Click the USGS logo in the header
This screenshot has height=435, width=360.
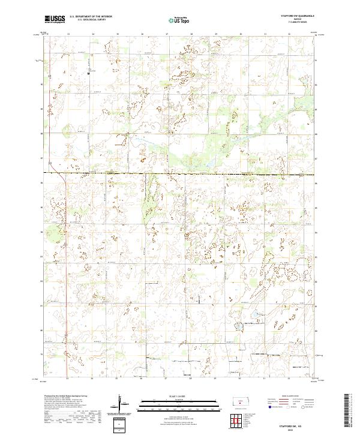[x=55, y=19]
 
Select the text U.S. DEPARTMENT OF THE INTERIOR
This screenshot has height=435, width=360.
[x=91, y=17]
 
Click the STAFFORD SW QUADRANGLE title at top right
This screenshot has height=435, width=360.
[x=297, y=16]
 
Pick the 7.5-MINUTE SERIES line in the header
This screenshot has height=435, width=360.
[x=297, y=22]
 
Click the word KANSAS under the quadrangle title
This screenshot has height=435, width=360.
[x=297, y=19]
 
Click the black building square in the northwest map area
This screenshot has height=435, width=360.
[x=88, y=73]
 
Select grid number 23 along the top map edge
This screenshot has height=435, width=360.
[x=68, y=34]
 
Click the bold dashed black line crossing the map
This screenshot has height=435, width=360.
[x=180, y=174]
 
